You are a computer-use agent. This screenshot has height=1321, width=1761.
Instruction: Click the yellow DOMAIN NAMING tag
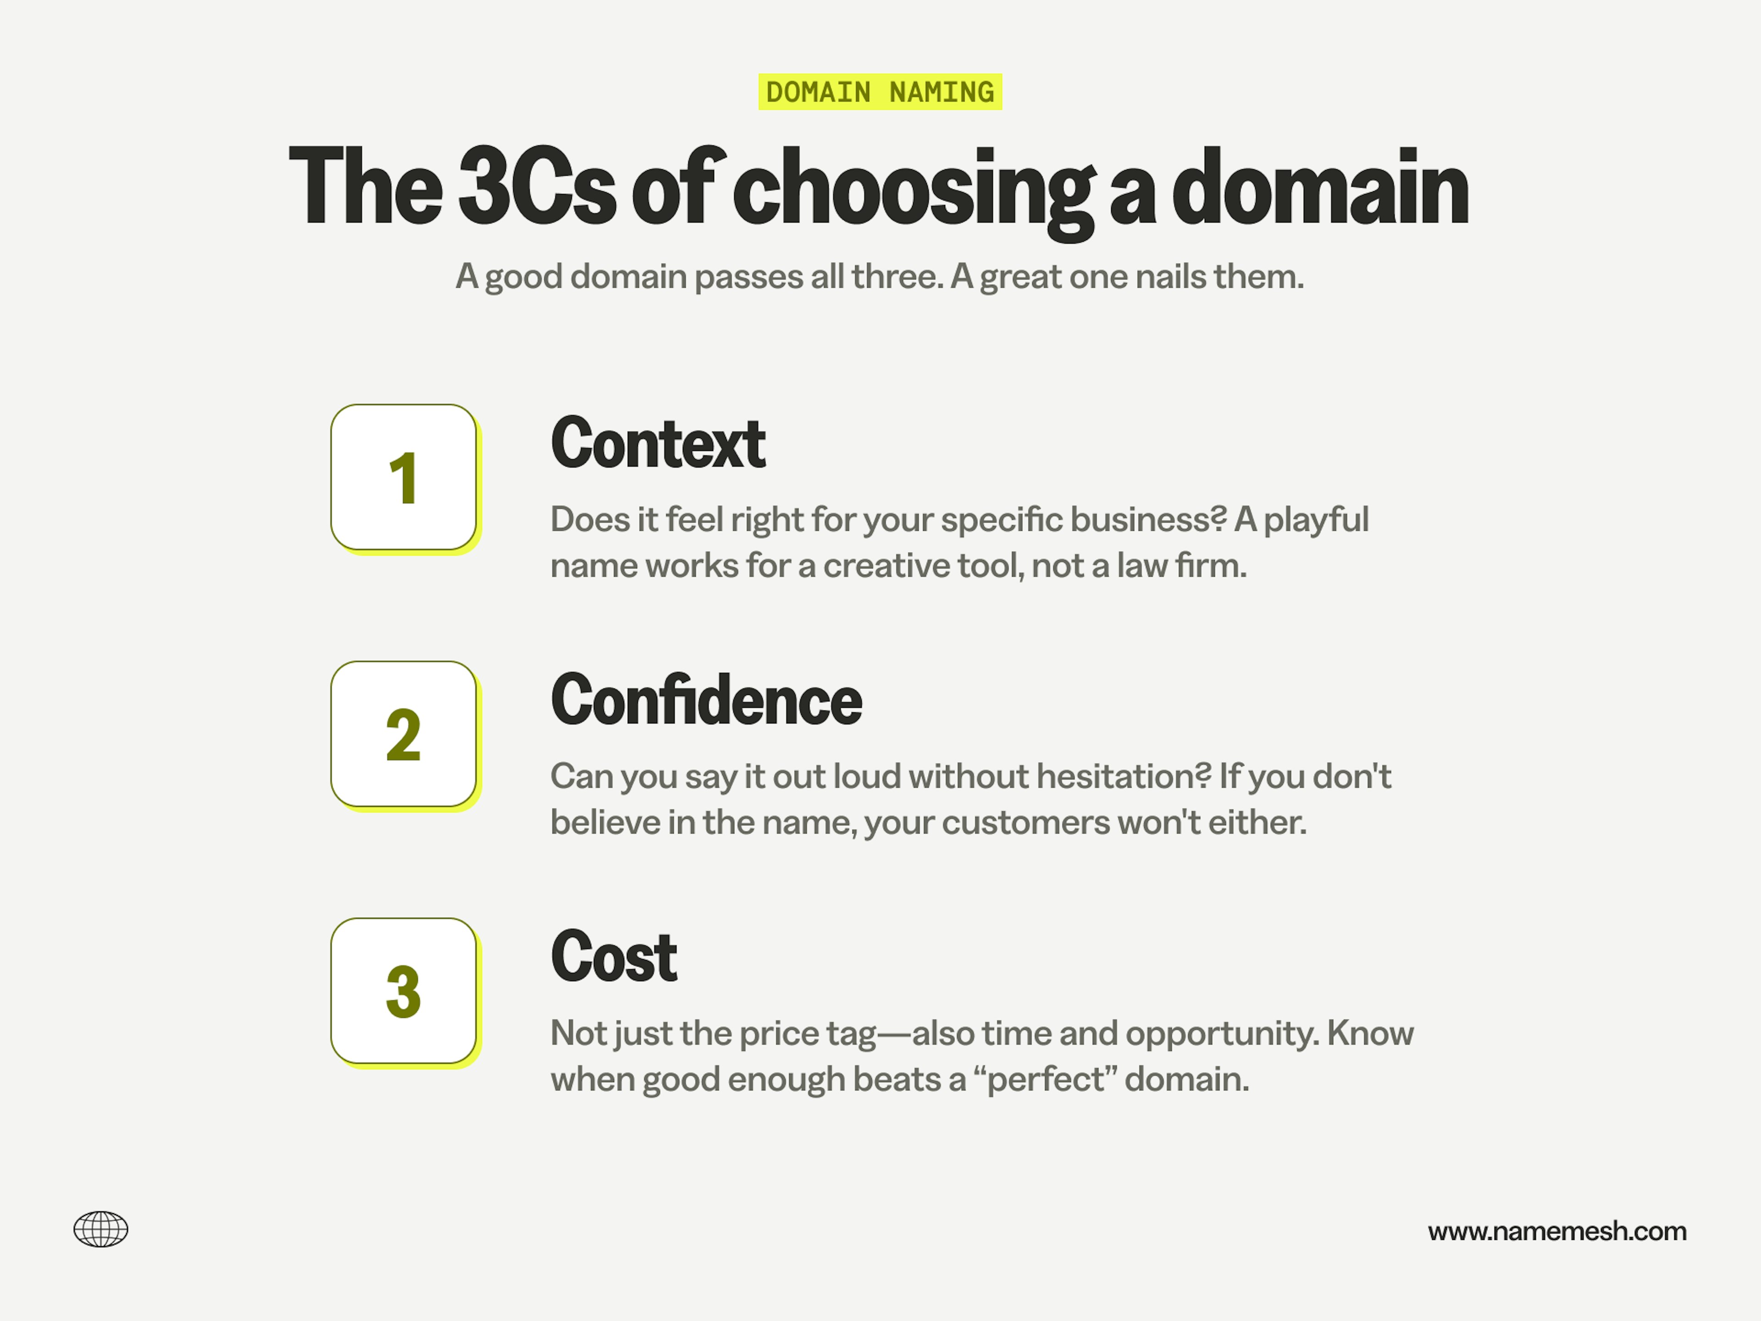point(880,92)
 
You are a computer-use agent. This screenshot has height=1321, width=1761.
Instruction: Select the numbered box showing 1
point(404,478)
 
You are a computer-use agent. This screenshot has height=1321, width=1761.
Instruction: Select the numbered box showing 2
point(404,734)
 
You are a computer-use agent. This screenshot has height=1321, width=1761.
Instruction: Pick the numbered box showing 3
point(404,991)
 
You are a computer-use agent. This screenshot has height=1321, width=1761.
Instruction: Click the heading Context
point(658,444)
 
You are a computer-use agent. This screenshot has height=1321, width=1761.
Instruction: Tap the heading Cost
point(614,957)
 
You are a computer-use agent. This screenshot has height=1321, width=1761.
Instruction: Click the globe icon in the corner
point(101,1229)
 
